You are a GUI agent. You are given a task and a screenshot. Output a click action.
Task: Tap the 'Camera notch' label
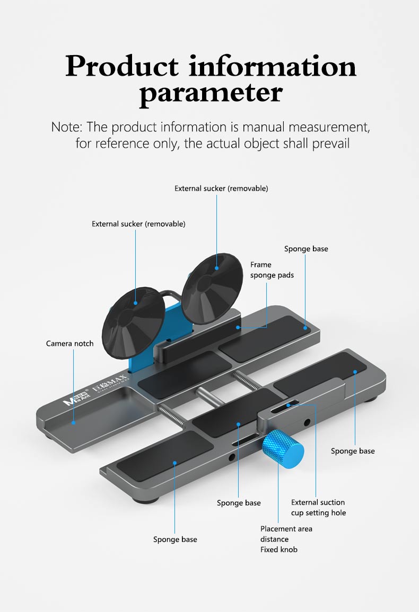pyautogui.click(x=69, y=344)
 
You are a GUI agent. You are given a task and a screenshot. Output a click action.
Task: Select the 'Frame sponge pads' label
pyautogui.click(x=272, y=269)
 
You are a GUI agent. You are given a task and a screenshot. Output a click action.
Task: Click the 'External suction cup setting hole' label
pyautogui.click(x=318, y=507)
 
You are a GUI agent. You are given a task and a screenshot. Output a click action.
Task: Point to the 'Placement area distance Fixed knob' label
pyautogui.click(x=286, y=539)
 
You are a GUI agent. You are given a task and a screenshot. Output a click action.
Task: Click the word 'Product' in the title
pyautogui.click(x=122, y=66)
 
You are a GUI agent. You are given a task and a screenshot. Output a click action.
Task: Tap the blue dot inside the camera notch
pyautogui.click(x=73, y=422)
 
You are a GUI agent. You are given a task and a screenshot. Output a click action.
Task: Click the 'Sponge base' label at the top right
pyautogui.click(x=306, y=249)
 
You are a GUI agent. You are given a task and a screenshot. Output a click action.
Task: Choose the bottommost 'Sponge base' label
pyautogui.click(x=175, y=539)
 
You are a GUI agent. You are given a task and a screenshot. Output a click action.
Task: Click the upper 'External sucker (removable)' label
pyautogui.click(x=221, y=188)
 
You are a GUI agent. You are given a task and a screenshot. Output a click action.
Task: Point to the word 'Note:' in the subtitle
pyautogui.click(x=67, y=127)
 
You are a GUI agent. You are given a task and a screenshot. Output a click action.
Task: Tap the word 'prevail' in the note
pyautogui.click(x=330, y=143)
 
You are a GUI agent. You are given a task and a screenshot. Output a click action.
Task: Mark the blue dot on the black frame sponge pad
pyautogui.click(x=238, y=327)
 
